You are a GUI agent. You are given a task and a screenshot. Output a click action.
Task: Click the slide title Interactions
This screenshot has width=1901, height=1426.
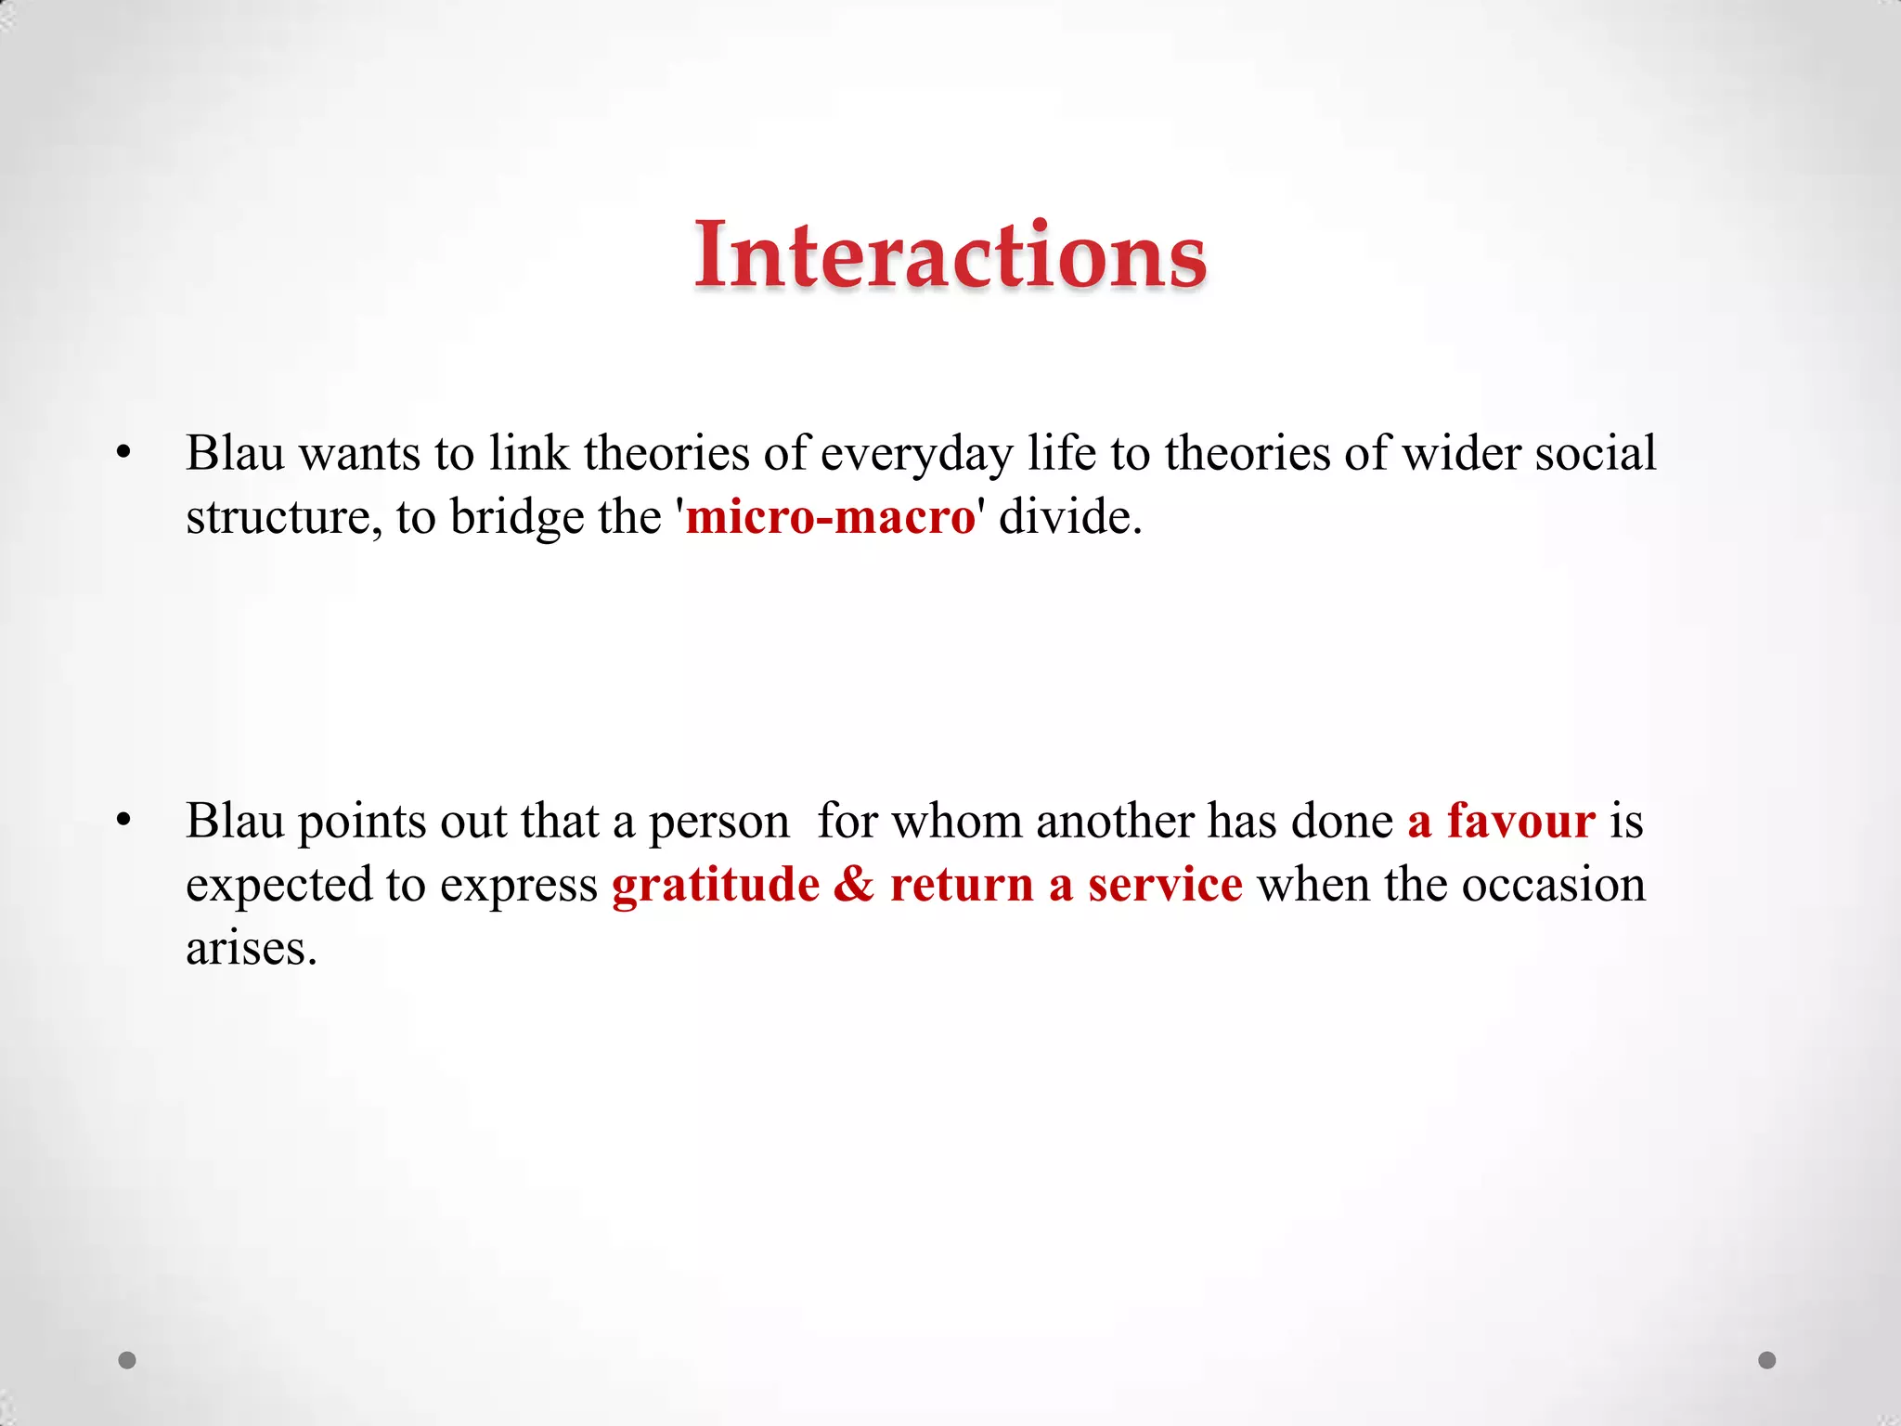coord(950,254)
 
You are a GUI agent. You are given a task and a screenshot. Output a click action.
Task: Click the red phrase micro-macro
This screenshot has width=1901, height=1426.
coord(830,516)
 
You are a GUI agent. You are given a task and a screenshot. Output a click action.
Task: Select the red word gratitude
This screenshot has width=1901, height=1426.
coord(716,884)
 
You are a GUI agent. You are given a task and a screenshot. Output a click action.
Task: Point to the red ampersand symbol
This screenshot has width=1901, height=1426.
coord(854,884)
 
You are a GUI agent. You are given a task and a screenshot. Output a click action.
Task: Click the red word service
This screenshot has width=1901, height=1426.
coord(1165,884)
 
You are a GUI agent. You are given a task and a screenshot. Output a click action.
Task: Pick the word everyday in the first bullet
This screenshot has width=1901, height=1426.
coord(916,455)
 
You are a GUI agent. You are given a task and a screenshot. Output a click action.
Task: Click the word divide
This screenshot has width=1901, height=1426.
coord(1069,516)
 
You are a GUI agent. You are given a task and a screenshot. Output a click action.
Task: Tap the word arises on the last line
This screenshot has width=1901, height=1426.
coord(251,949)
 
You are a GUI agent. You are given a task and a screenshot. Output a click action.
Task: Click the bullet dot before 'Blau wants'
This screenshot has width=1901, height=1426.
coord(124,454)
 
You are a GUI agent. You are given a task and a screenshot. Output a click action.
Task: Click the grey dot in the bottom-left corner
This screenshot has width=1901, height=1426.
coord(127,1360)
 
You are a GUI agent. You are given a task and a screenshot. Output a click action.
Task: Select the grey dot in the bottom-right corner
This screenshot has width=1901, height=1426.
coord(1767,1360)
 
